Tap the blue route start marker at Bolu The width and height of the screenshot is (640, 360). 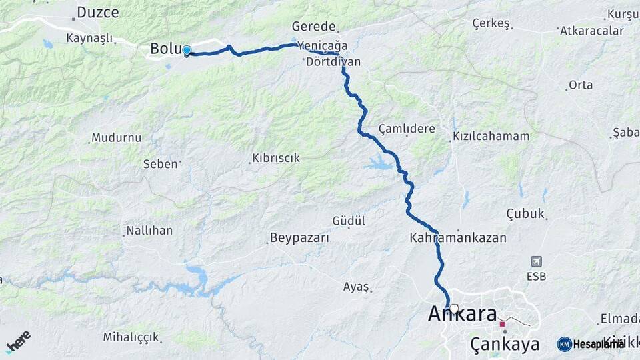point(187,51)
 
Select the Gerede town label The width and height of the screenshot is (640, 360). point(313,27)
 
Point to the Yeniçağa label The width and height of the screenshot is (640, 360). point(323,45)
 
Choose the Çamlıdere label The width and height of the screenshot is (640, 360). point(406,129)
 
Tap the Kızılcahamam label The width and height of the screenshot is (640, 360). point(491,136)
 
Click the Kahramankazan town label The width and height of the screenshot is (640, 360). point(458,237)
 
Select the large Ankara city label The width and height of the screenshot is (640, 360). point(463,313)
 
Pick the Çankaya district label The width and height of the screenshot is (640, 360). point(505,344)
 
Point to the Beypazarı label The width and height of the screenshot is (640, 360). point(299,238)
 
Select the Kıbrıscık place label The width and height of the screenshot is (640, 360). point(275,159)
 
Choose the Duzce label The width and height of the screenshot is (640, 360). point(98,12)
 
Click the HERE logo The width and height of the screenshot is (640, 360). point(18,341)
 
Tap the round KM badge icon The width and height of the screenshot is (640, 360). point(564,344)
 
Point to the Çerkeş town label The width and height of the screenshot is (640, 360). point(491,23)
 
